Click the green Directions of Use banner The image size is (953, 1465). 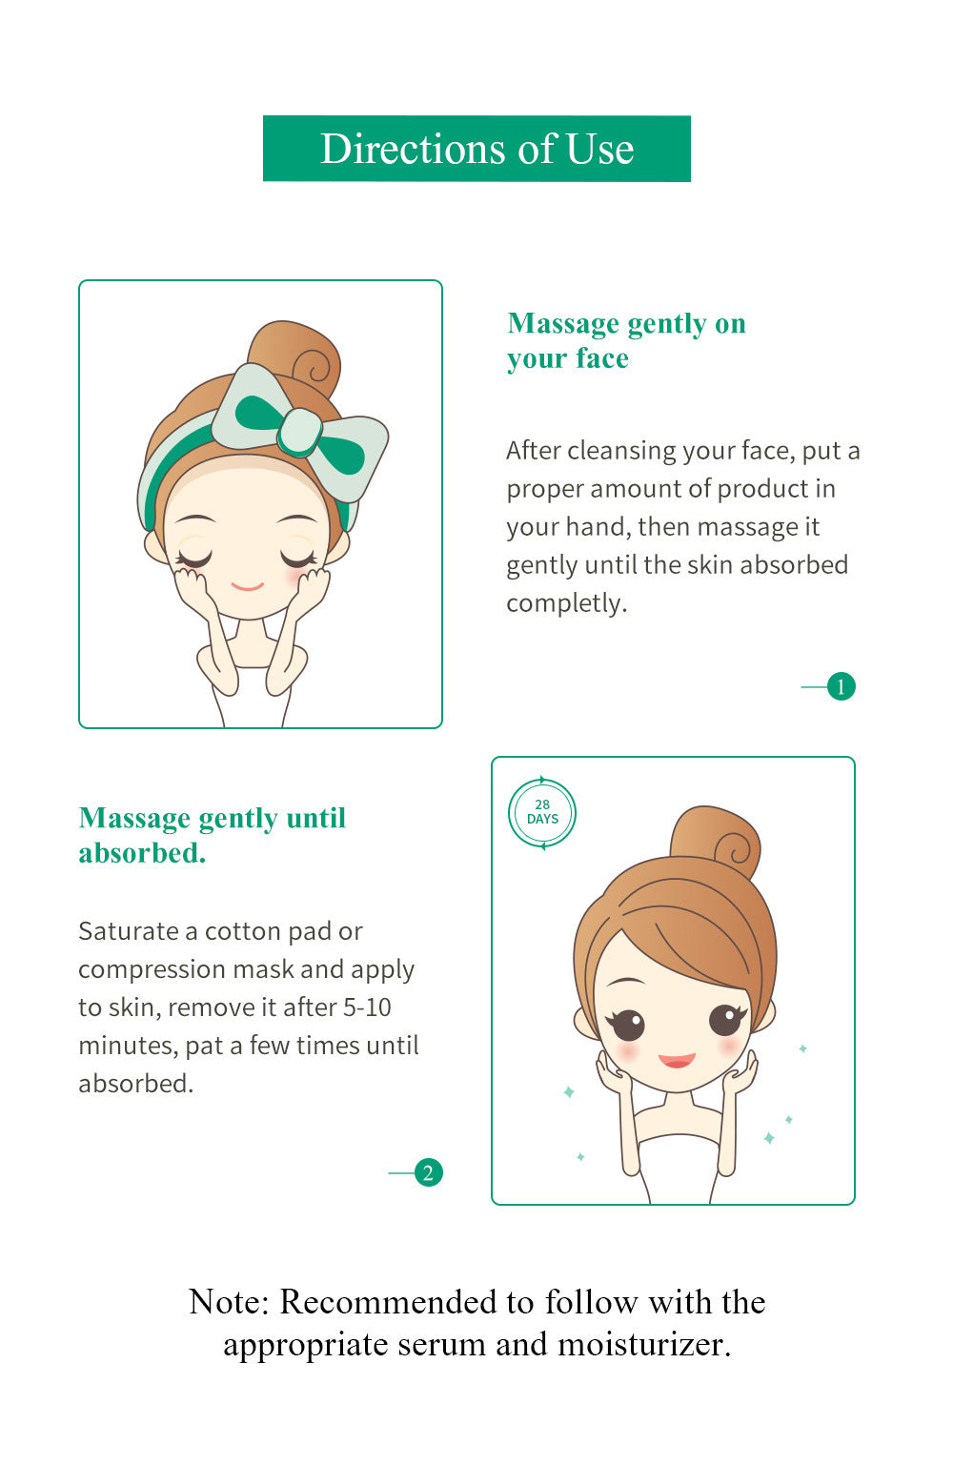pyautogui.click(x=476, y=149)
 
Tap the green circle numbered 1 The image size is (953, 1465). pyautogui.click(x=841, y=686)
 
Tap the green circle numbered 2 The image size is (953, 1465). pyautogui.click(x=429, y=1172)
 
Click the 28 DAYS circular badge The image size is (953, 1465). pyautogui.click(x=542, y=813)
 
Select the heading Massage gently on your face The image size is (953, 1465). pyautogui.click(x=627, y=340)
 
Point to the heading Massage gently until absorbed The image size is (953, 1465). pyautogui.click(x=212, y=835)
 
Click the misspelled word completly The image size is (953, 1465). pyautogui.click(x=566, y=603)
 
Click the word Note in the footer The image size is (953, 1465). pyautogui.click(x=229, y=1301)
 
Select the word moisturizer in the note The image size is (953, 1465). pyautogui.click(x=643, y=1345)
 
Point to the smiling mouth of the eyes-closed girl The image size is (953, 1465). pyautogui.click(x=247, y=586)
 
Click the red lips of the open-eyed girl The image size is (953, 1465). pyautogui.click(x=677, y=1060)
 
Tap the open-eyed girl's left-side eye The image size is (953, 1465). pyautogui.click(x=627, y=1025)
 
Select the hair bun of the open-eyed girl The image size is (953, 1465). pyautogui.click(x=717, y=841)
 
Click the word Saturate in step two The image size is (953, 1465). pyautogui.click(x=128, y=931)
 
